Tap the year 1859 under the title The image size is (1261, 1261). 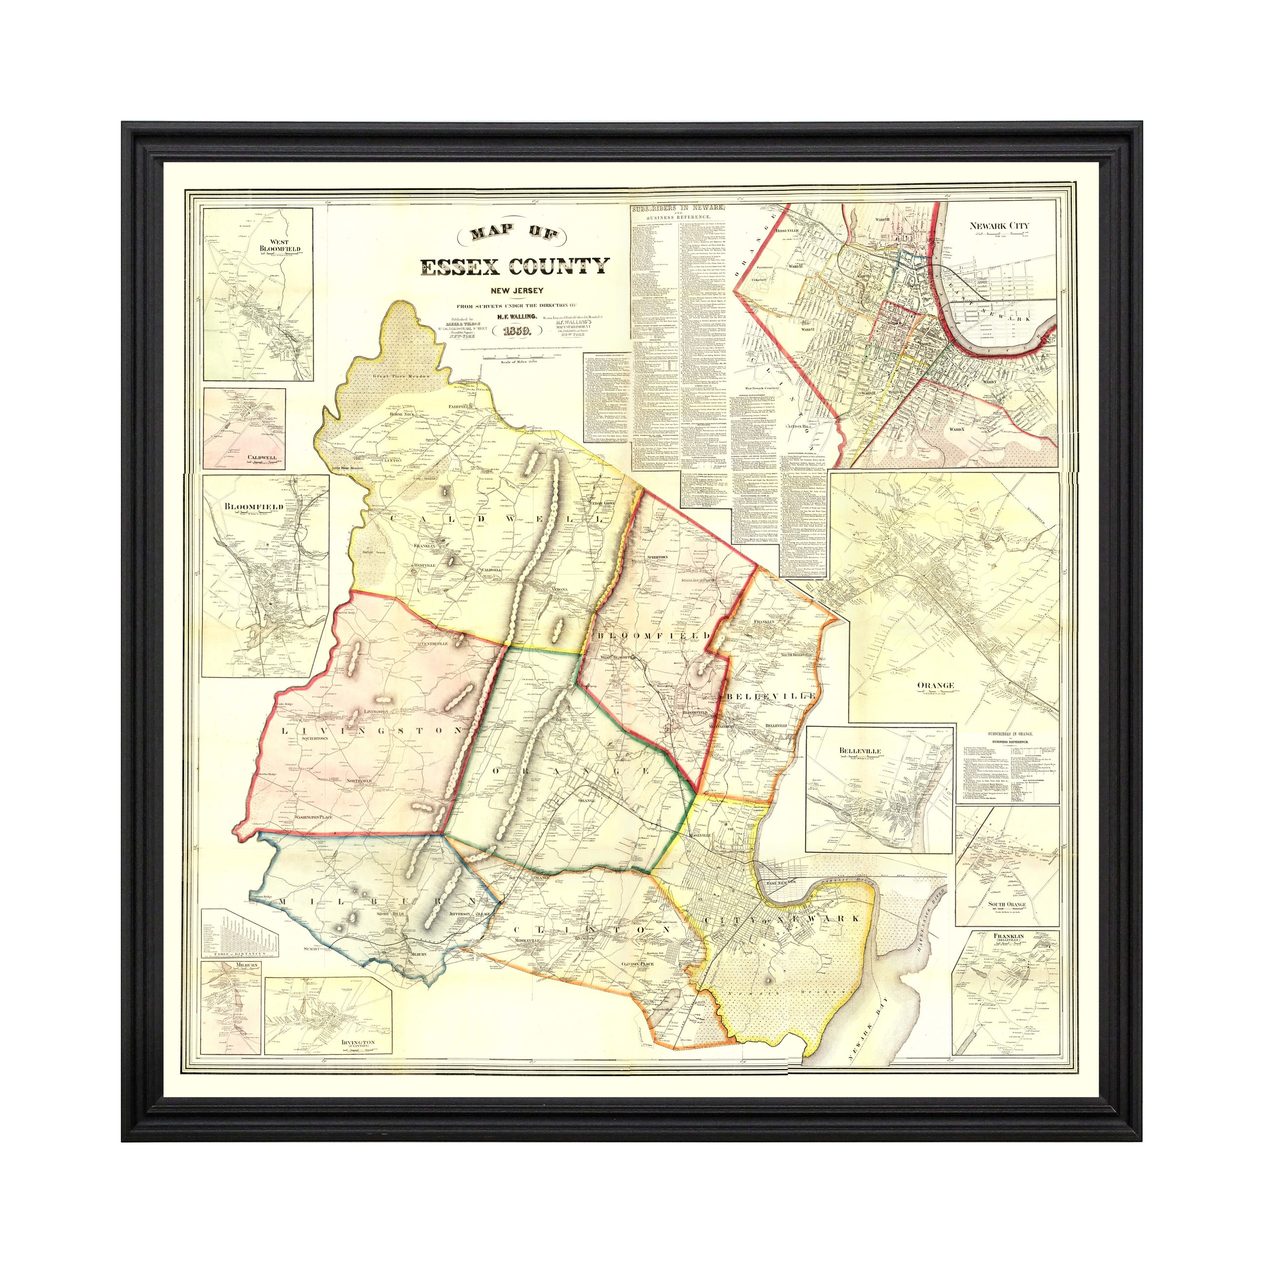517,331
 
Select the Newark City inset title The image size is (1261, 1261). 999,226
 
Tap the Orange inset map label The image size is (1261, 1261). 936,685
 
